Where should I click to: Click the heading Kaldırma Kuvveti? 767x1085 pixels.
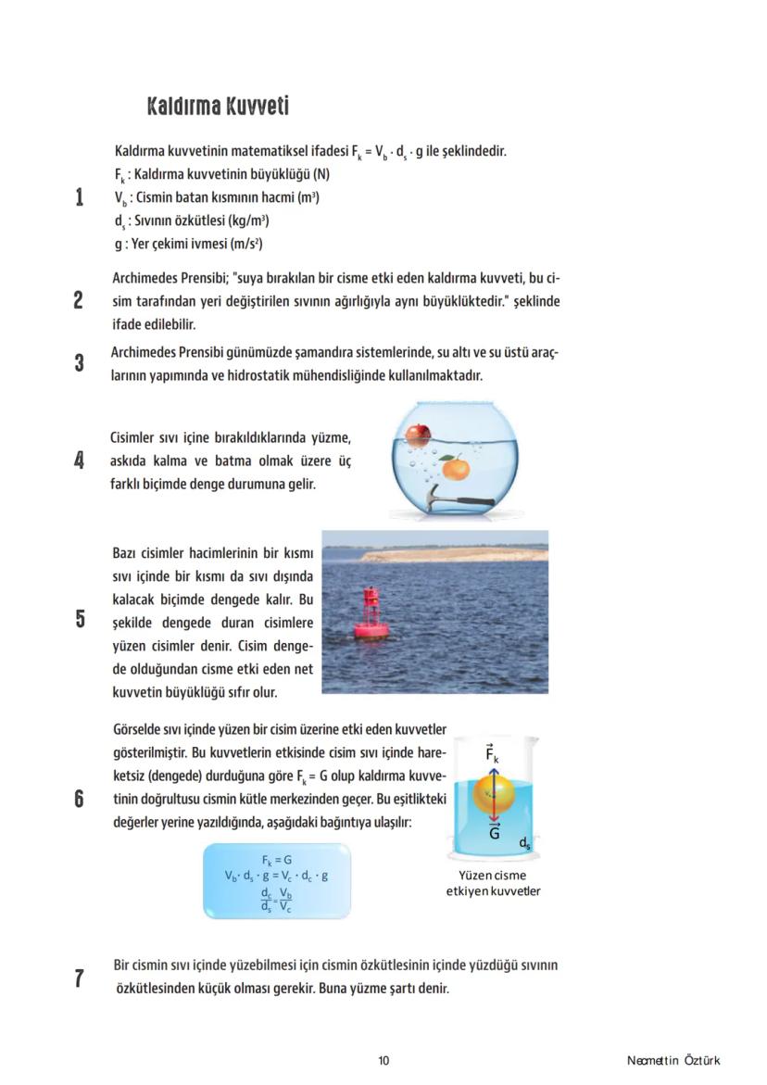point(218,107)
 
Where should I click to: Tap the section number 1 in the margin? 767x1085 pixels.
point(80,197)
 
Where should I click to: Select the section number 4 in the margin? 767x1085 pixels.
point(80,460)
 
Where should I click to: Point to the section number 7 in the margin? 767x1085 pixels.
point(80,978)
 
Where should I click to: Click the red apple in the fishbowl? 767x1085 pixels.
point(419,434)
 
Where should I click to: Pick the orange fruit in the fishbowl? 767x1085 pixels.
point(455,469)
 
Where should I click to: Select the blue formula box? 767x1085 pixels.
point(277,880)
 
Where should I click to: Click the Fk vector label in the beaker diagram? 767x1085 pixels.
point(493,755)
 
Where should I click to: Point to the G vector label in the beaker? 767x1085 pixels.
point(495,832)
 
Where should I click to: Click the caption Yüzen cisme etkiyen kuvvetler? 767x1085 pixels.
point(493,883)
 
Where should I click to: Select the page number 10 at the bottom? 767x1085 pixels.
point(383,1061)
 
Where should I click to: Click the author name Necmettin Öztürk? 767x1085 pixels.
point(673,1061)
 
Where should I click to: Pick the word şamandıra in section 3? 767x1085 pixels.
point(352,353)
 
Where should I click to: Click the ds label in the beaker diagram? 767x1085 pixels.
point(525,843)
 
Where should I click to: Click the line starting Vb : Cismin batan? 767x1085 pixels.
point(217,197)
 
